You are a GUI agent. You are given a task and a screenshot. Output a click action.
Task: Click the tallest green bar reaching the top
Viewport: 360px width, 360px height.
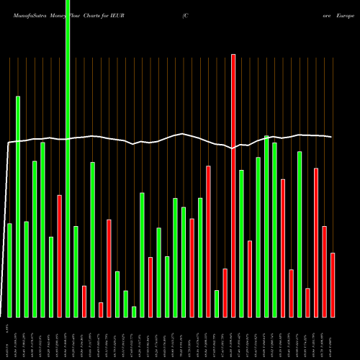point(68,158)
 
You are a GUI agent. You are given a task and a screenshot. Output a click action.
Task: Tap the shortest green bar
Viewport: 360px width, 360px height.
point(134,312)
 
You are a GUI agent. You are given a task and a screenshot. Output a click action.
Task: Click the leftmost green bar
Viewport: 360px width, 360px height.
point(10,270)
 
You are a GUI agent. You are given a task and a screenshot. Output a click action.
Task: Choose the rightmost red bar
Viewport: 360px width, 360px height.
point(333,284)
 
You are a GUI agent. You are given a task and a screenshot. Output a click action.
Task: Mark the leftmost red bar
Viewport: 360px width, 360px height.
point(60,256)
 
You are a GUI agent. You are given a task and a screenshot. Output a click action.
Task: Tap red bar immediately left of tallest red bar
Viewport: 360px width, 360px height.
point(225,292)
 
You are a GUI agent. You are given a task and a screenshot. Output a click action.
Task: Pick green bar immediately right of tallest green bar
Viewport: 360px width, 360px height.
point(76,271)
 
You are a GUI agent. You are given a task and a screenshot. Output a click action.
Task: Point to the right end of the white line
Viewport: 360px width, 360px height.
point(332,137)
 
